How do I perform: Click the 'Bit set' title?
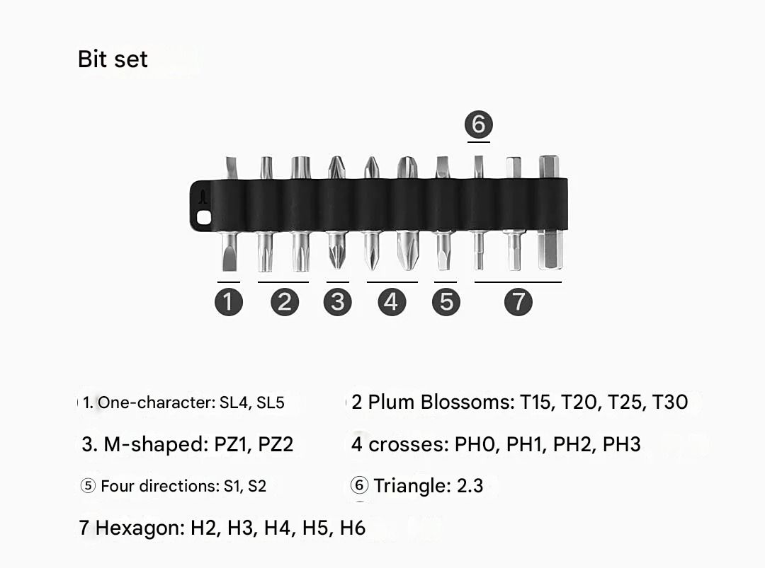click(113, 59)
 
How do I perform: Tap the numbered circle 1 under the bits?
click(229, 302)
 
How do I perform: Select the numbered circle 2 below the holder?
click(284, 302)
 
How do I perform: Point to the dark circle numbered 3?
click(337, 302)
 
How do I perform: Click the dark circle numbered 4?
click(391, 302)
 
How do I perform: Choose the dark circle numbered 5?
click(446, 302)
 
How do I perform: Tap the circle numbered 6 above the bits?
click(478, 124)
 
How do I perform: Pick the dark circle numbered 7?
click(518, 302)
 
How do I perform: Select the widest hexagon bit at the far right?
click(550, 212)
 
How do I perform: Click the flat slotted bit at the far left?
click(229, 212)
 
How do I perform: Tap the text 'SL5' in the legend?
click(270, 403)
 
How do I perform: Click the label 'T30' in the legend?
click(669, 402)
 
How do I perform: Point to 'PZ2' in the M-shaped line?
click(275, 445)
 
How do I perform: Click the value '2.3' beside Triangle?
click(469, 486)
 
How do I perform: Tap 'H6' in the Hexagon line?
click(352, 528)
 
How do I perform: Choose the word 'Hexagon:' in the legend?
click(140, 528)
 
